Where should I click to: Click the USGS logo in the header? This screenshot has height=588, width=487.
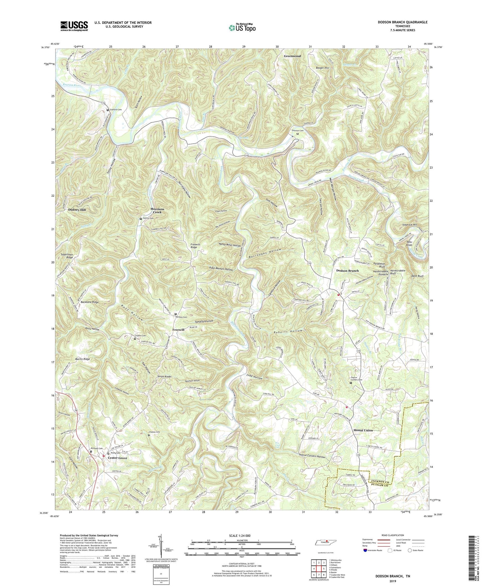click(74, 26)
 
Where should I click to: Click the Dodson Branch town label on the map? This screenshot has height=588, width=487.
click(347, 271)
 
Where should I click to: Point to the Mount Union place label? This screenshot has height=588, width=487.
click(363, 430)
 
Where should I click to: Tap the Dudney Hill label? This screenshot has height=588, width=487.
click(77, 210)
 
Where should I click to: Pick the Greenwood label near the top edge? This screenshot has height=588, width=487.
click(292, 56)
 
